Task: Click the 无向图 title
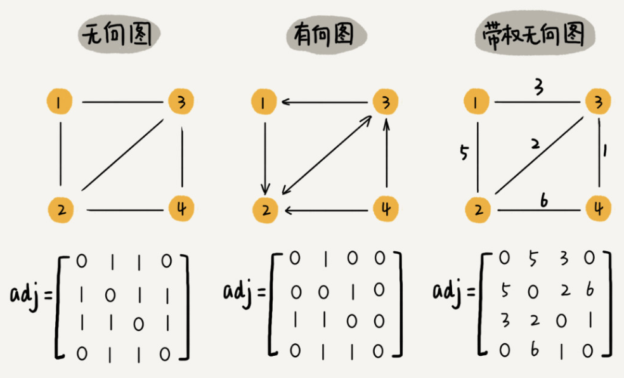(119, 35)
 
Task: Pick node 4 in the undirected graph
(181, 208)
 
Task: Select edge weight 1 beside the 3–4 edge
(606, 152)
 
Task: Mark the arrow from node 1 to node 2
(265, 155)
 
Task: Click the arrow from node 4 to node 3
(386, 155)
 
